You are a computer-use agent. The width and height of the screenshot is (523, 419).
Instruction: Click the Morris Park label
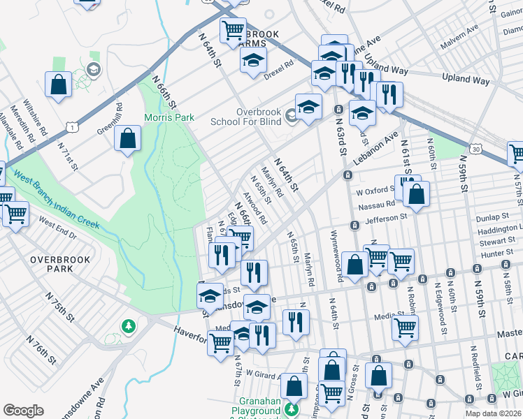coord(169,117)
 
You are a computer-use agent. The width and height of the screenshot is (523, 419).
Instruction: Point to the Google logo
coord(23,411)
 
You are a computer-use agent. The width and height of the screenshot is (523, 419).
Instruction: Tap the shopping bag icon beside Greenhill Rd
coord(128,140)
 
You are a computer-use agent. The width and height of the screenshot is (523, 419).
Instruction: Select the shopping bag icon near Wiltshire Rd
coord(58,84)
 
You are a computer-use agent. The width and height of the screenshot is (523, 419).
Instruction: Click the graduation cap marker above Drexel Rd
coord(254,59)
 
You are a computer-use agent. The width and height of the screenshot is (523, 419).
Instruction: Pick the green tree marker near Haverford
coord(128,326)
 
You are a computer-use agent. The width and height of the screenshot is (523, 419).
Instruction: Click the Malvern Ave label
coord(459,38)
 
